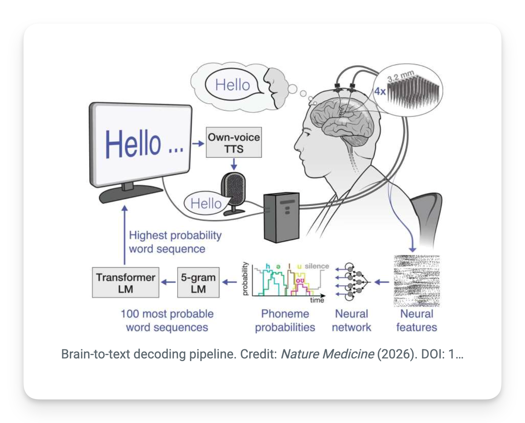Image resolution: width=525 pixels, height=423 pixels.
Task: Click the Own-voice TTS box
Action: [234, 142]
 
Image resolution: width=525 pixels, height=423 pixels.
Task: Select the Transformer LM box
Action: [126, 283]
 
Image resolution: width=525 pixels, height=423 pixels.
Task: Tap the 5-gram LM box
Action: [198, 283]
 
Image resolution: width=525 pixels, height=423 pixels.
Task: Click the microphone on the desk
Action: [234, 193]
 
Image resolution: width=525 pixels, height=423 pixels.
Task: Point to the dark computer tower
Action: [282, 217]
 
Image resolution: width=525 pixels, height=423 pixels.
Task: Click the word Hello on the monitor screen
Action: [133, 144]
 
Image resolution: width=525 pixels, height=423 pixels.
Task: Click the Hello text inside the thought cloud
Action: [233, 85]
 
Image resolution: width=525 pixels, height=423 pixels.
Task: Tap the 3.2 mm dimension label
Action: [401, 76]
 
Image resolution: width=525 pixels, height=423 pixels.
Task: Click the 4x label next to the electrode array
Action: [380, 92]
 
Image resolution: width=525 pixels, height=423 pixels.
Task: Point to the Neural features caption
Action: [417, 320]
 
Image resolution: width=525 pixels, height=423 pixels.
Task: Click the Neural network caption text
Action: [352, 320]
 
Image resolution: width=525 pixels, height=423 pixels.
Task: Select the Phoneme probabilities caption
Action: [285, 320]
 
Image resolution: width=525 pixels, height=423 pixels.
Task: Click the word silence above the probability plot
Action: [317, 266]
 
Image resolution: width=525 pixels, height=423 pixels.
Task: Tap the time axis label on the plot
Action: [317, 300]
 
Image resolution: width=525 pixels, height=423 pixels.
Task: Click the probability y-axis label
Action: [245, 279]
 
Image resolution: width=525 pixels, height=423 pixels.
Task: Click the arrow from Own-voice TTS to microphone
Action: [234, 164]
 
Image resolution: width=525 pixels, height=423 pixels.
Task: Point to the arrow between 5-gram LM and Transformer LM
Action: [168, 283]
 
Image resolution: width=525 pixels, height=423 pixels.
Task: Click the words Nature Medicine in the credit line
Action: [327, 354]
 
